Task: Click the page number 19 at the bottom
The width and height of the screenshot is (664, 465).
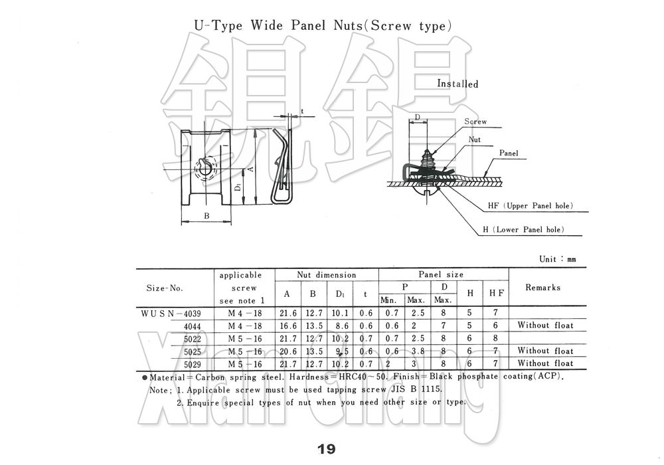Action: click(327, 449)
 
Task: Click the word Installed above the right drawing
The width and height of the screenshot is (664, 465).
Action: click(457, 84)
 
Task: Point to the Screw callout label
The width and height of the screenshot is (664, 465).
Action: click(475, 122)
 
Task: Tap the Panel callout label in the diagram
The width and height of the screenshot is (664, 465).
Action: click(509, 153)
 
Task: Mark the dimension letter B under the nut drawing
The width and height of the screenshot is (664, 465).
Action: click(207, 216)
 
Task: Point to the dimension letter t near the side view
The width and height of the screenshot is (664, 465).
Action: click(301, 112)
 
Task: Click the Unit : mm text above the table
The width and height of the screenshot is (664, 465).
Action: click(558, 259)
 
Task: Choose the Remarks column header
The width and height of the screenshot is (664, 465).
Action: click(542, 288)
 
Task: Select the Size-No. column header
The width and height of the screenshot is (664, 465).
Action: click(165, 288)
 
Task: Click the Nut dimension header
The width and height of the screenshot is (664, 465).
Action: click(326, 275)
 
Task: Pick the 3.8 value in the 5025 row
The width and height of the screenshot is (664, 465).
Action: click(416, 351)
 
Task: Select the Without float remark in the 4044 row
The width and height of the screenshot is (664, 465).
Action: click(545, 325)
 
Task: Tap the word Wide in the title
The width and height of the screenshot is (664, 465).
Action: click(268, 27)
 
